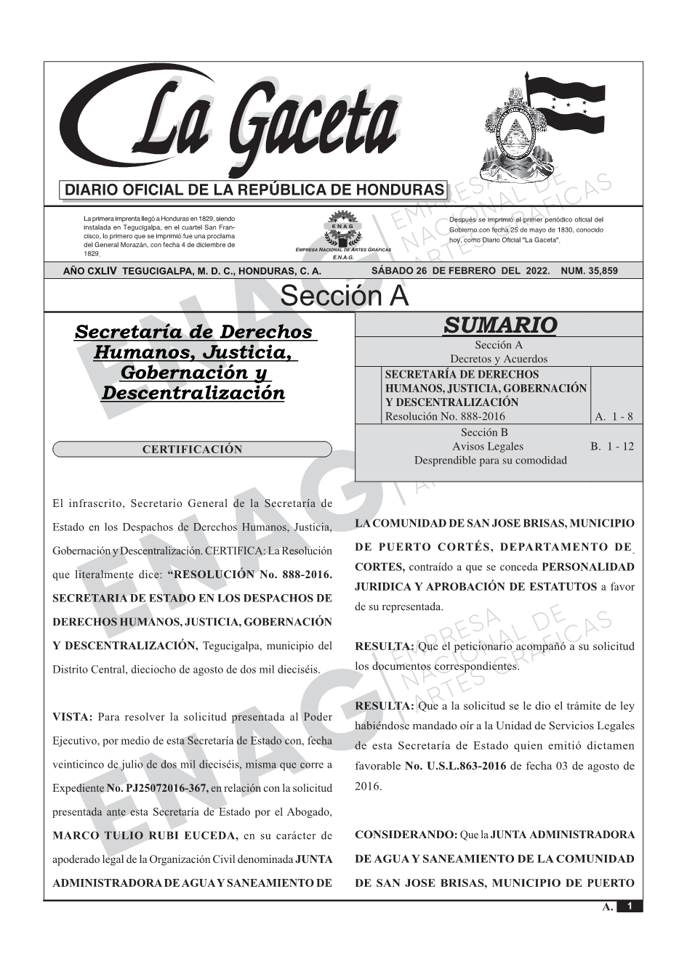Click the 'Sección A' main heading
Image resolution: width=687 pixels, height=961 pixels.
(x=344, y=296)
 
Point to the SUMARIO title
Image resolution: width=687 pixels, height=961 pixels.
(x=499, y=325)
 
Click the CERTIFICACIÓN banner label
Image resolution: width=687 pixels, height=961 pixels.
(x=192, y=450)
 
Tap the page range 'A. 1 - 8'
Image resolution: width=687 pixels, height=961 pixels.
(x=614, y=416)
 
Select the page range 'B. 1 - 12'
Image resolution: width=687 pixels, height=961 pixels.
(x=612, y=446)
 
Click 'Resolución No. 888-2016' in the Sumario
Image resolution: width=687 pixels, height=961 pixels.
(x=444, y=416)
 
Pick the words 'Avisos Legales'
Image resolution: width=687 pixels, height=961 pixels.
(x=487, y=446)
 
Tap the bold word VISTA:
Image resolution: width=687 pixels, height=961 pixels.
(x=73, y=718)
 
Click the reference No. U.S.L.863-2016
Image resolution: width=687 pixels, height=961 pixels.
(x=456, y=766)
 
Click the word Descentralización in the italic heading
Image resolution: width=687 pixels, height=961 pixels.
(x=193, y=393)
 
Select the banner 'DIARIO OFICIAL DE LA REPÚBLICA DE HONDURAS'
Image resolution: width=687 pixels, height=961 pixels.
(x=254, y=190)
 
